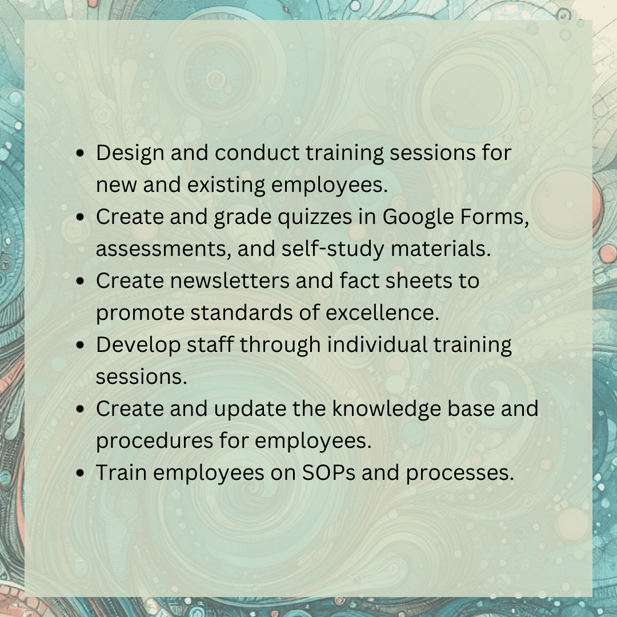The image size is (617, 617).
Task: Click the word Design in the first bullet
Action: pyautogui.click(x=130, y=153)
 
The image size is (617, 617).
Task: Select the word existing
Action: pyautogui.click(x=226, y=185)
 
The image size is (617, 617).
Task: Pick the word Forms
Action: pyautogui.click(x=494, y=217)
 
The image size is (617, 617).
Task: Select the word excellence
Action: pyautogui.click(x=382, y=313)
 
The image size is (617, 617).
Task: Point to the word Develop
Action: pyautogui.click(x=138, y=345)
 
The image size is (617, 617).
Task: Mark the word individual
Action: pyautogui.click(x=378, y=344)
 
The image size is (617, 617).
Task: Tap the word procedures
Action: pyautogui.click(x=155, y=440)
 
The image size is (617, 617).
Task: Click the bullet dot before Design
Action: pyautogui.click(x=81, y=153)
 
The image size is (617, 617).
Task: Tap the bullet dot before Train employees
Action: pyautogui.click(x=81, y=473)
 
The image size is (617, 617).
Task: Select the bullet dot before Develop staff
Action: pyautogui.click(x=81, y=345)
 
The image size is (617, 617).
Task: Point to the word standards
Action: pyautogui.click(x=241, y=313)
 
